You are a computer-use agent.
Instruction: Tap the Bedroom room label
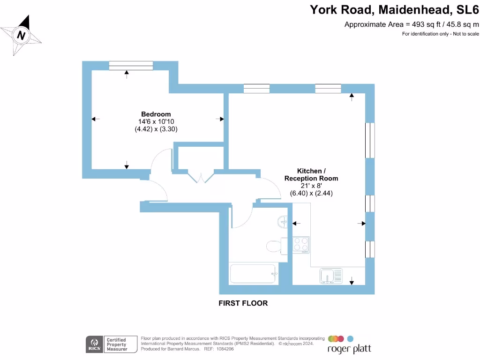(x=156, y=114)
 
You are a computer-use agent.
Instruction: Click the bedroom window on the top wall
(x=131, y=66)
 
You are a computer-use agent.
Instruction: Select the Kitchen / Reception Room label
(x=311, y=175)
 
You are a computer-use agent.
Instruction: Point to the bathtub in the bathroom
(x=253, y=274)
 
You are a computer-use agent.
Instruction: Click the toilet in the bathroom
(x=274, y=246)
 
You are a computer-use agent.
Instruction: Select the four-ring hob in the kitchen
(x=301, y=245)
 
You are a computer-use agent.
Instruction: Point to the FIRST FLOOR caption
(x=243, y=303)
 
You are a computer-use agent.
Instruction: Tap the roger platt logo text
(x=349, y=349)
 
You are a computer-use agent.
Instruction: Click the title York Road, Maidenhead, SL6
(x=394, y=9)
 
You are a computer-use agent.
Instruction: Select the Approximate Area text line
(x=412, y=24)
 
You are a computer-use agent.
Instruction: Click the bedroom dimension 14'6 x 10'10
(x=156, y=121)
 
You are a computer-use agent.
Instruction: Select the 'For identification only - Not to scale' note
(x=440, y=34)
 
